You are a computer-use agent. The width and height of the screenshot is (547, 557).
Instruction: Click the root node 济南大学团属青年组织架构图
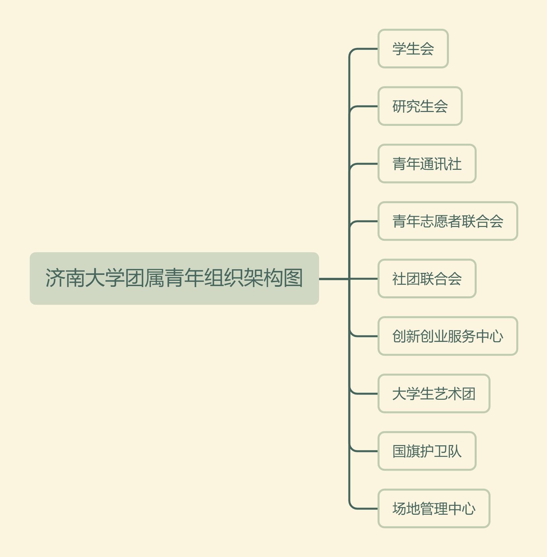pyautogui.click(x=174, y=278)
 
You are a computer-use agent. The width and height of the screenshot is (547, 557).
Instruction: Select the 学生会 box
pyautogui.click(x=413, y=49)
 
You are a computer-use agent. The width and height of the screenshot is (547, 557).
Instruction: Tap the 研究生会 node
pyautogui.click(x=420, y=106)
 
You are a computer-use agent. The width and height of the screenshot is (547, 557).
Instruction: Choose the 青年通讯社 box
pyautogui.click(x=427, y=164)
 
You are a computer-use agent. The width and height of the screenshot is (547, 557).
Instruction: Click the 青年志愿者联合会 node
pyautogui.click(x=448, y=221)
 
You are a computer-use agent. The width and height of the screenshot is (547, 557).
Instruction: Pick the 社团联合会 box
pyautogui.click(x=427, y=278)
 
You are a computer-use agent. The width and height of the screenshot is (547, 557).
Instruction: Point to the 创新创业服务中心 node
pyautogui.click(x=448, y=336)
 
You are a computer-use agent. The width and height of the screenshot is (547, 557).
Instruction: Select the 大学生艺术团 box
pyautogui.click(x=434, y=393)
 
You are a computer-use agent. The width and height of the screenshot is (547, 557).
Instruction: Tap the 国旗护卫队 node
pyautogui.click(x=427, y=451)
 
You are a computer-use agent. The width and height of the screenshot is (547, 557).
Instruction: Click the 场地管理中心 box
pyautogui.click(x=434, y=508)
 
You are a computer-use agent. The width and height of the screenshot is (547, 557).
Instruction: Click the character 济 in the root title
pyautogui.click(x=55, y=278)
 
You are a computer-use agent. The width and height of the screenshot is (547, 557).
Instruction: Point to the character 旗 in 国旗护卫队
pyautogui.click(x=413, y=451)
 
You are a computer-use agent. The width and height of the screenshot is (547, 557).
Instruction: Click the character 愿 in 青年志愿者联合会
pyautogui.click(x=441, y=221)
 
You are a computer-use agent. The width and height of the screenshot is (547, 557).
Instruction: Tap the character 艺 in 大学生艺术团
pyautogui.click(x=441, y=394)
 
